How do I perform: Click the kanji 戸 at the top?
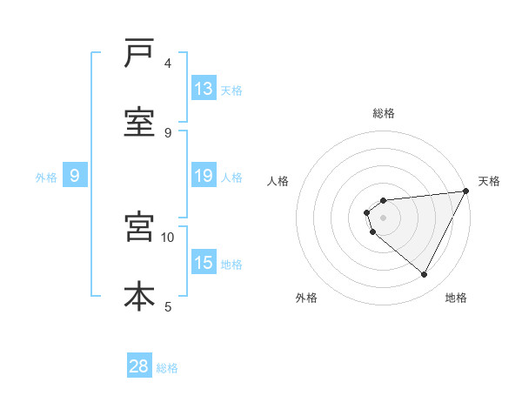(139, 54)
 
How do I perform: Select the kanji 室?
(139, 123)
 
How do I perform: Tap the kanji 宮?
(139, 227)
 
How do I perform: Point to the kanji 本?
(139, 296)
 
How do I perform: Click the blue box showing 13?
(204, 89)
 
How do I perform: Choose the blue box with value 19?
(204, 176)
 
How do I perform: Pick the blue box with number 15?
(204, 263)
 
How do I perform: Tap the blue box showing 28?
(139, 366)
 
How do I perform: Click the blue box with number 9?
(75, 176)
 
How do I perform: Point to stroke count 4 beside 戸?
(168, 64)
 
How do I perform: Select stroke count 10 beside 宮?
(168, 237)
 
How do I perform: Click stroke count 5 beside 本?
(168, 306)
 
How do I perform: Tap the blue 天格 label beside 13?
(231, 90)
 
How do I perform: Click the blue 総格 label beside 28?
(167, 367)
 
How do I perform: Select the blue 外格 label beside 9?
(46, 177)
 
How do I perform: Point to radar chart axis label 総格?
(384, 113)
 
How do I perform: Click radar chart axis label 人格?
(278, 181)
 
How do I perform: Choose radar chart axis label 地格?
(456, 298)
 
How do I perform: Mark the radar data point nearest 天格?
(467, 191)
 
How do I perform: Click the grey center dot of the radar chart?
(384, 218)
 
